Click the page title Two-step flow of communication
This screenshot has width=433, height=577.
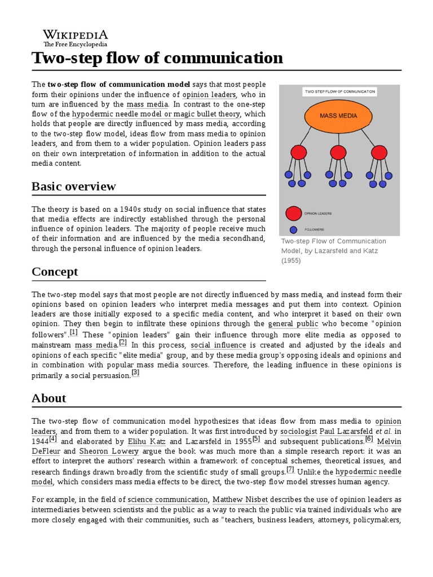click(157, 57)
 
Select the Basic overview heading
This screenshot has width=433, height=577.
click(74, 187)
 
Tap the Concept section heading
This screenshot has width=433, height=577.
click(55, 272)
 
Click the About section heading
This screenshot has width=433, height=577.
click(49, 398)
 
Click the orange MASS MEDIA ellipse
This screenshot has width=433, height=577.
click(338, 117)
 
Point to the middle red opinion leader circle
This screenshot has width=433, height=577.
click(338, 152)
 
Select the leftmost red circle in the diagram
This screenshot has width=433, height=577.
click(298, 152)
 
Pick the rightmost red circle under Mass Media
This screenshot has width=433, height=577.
click(378, 152)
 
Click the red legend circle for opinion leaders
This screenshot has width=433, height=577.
click(293, 214)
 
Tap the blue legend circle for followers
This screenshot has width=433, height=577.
click(293, 229)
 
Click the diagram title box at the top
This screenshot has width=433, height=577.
click(339, 91)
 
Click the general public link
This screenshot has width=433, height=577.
click(293, 324)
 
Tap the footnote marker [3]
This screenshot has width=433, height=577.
click(135, 373)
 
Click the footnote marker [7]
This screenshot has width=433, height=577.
click(290, 469)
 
